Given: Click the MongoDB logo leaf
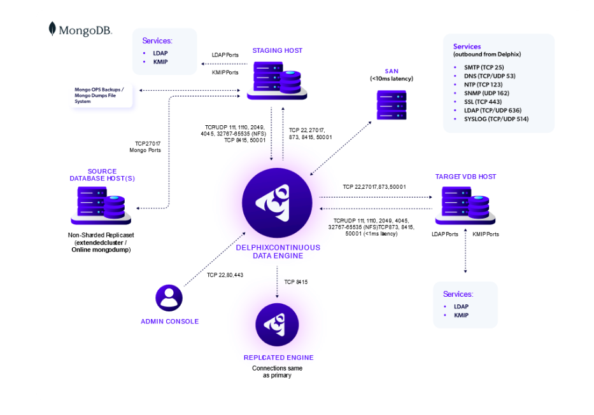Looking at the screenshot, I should (52, 29).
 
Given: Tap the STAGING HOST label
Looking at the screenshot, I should (277, 50).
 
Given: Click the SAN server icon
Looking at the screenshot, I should (392, 105).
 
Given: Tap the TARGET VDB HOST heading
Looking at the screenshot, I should (465, 176).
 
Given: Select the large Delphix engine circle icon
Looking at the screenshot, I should (276, 203).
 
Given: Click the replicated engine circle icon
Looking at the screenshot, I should (277, 325).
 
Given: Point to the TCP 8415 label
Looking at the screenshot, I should (296, 282).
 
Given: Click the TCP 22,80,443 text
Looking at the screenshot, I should (225, 275).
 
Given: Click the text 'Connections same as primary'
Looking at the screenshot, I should (277, 372).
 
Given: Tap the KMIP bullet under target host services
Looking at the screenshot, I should (461, 315).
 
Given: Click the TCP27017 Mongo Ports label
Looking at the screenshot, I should (147, 147).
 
